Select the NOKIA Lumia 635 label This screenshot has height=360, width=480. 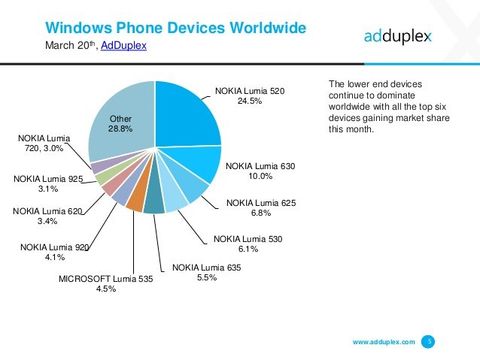click(x=204, y=267)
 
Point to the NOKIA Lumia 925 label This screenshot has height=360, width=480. click(x=47, y=179)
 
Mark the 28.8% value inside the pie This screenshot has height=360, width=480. click(x=119, y=130)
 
